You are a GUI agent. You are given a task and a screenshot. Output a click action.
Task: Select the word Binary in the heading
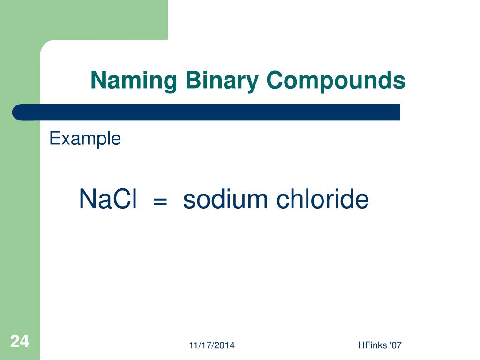222,81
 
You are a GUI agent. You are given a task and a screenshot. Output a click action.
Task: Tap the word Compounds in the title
336,81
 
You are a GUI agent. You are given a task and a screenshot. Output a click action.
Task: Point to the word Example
85,139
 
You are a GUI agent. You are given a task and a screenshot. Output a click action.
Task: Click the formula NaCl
108,199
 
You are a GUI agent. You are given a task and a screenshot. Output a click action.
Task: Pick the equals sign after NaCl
160,202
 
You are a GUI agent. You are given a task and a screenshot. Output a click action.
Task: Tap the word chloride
322,199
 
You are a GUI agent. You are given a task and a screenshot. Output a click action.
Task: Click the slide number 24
19,341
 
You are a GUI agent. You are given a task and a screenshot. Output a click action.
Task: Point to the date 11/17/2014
212,346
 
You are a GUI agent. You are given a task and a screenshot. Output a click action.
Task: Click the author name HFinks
369,346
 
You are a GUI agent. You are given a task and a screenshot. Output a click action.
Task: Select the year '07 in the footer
395,346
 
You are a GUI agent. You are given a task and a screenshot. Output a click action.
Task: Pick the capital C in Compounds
274,81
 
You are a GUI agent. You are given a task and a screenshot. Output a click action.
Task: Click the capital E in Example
53,139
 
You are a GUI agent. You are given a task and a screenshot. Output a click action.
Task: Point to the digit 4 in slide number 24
24,341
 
